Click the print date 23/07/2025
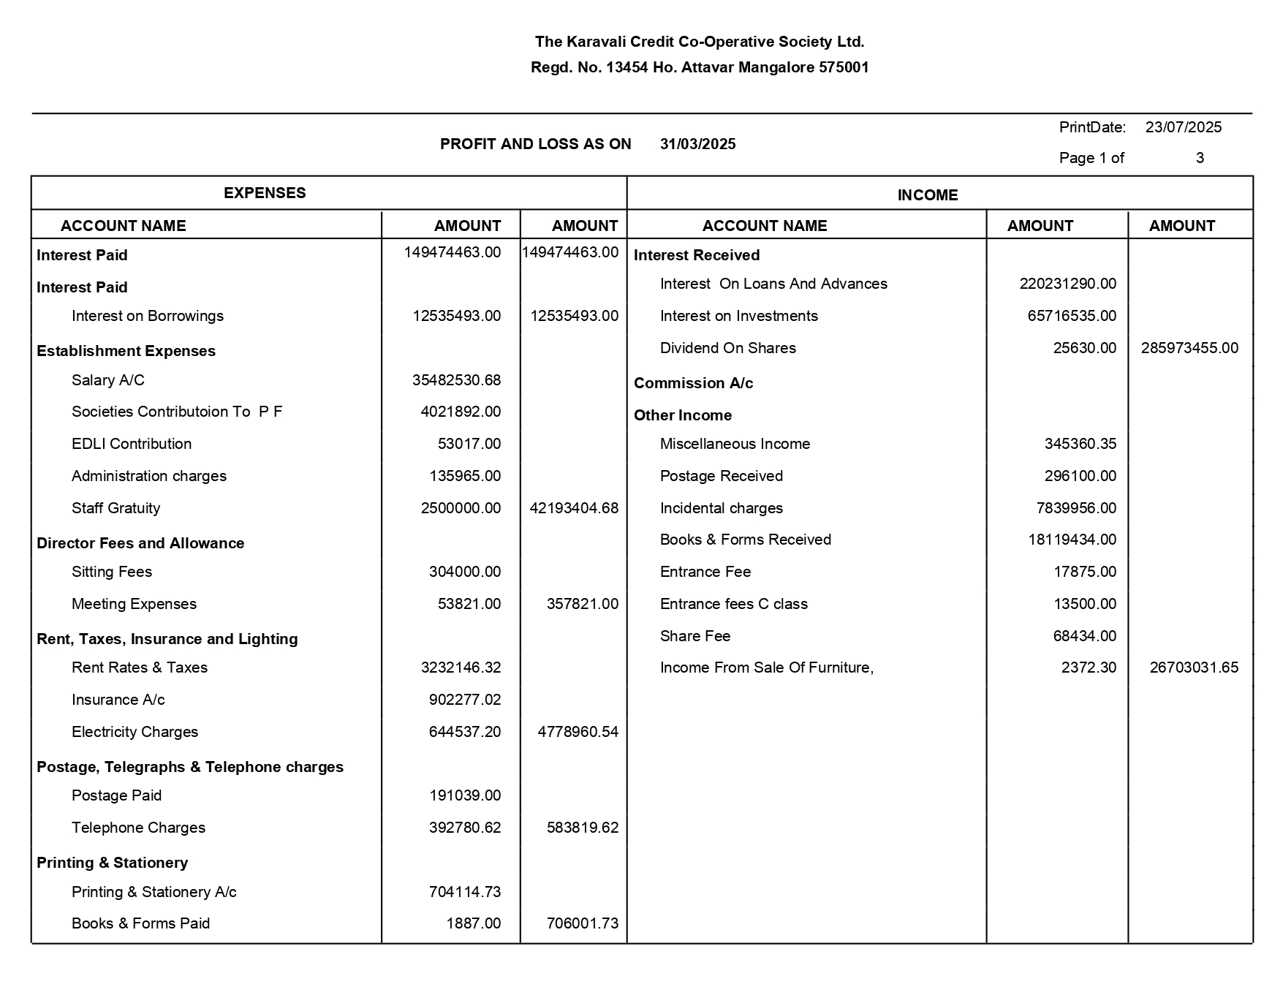pos(1183,127)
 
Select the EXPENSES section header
pos(265,193)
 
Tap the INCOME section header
pos(927,195)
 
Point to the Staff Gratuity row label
pos(116,508)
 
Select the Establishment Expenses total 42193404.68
pos(574,508)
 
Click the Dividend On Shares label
pos(727,348)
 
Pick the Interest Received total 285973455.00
pos(1189,348)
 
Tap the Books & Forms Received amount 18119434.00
pos(1072,540)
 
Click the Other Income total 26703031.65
pos(1194,668)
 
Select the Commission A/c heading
pos(693,383)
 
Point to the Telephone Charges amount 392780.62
pos(465,828)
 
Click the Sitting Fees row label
pos(112,572)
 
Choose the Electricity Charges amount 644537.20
pos(465,732)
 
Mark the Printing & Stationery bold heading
pos(112,863)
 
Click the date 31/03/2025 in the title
pos(697,144)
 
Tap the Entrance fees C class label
pos(733,604)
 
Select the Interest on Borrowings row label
pos(147,316)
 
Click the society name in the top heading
pos(700,42)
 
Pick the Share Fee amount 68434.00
pos(1084,636)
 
